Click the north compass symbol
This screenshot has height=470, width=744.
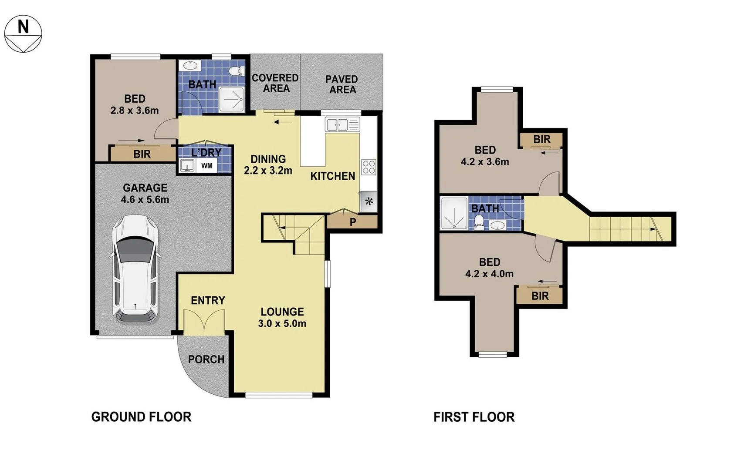click(x=23, y=34)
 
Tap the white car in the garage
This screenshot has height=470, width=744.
click(x=135, y=269)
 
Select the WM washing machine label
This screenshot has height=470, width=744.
click(x=207, y=166)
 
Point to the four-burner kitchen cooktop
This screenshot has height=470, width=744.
click(x=369, y=167)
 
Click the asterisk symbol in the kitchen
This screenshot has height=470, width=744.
click(x=369, y=202)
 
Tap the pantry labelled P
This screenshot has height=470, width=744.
click(x=353, y=222)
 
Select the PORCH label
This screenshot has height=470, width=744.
click(x=206, y=359)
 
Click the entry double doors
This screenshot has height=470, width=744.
click(x=204, y=322)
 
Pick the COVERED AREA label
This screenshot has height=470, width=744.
click(x=275, y=83)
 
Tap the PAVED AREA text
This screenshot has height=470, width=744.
click(x=342, y=84)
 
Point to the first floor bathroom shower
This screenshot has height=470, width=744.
click(x=454, y=213)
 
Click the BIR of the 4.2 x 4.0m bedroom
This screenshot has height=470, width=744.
click(x=540, y=296)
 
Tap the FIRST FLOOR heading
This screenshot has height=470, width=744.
click(x=474, y=417)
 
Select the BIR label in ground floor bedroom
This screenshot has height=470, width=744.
click(x=142, y=154)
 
